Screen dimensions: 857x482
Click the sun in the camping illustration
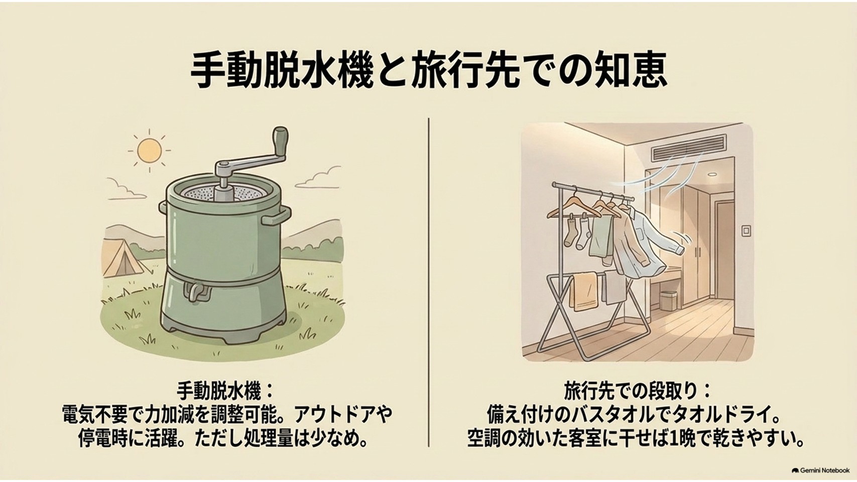[149, 151]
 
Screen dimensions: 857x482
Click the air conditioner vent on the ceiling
[689, 148]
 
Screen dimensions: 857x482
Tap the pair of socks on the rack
[576, 233]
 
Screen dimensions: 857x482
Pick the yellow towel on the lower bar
[583, 291]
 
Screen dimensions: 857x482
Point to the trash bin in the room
[668, 300]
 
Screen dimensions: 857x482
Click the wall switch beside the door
[747, 230]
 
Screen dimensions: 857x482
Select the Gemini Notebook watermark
[820, 470]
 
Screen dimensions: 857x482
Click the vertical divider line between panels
[429, 282]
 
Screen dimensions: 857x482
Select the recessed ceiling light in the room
[711, 174]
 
